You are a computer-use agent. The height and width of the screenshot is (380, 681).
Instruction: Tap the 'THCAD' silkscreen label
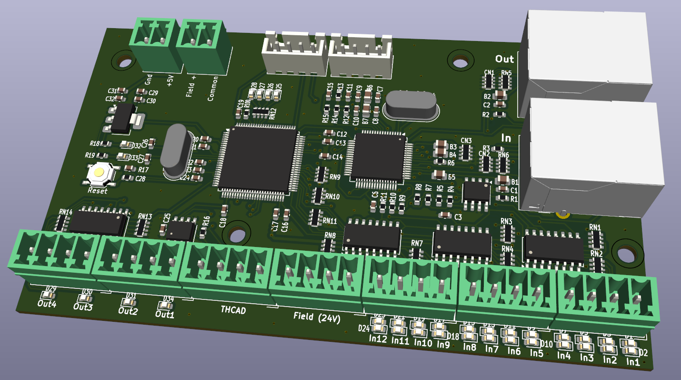click(x=233, y=310)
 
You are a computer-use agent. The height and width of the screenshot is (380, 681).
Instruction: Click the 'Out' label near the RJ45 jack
click(x=504, y=59)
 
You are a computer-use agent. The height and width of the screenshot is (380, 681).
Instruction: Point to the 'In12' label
click(x=378, y=339)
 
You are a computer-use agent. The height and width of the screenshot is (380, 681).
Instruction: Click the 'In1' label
click(x=633, y=362)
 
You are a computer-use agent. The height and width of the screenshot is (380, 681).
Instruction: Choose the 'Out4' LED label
click(x=47, y=304)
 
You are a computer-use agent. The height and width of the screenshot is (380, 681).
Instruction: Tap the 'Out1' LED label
click(x=165, y=315)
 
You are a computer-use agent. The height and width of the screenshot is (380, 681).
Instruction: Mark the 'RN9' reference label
click(x=335, y=177)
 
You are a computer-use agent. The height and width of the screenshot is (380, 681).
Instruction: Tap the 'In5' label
click(x=537, y=353)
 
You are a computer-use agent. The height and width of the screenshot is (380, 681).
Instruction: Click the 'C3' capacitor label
click(x=458, y=217)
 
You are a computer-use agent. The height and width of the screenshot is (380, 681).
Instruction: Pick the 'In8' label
click(x=470, y=347)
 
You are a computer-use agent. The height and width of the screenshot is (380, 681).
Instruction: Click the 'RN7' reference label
click(x=417, y=244)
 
